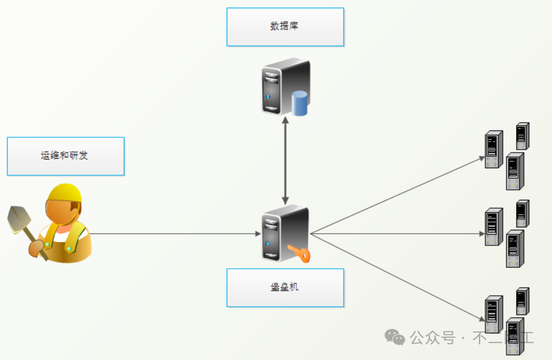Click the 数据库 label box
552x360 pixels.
[285, 27]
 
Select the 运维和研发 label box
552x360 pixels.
[65, 156]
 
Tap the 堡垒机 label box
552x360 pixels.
[285, 288]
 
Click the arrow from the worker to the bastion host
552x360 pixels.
[175, 234]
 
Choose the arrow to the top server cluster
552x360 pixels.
[397, 195]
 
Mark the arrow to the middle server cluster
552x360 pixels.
[397, 234]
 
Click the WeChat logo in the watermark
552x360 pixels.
[395, 337]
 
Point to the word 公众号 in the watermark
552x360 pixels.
[432, 337]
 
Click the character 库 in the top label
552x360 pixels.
[294, 26]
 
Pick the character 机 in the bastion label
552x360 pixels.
[294, 287]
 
